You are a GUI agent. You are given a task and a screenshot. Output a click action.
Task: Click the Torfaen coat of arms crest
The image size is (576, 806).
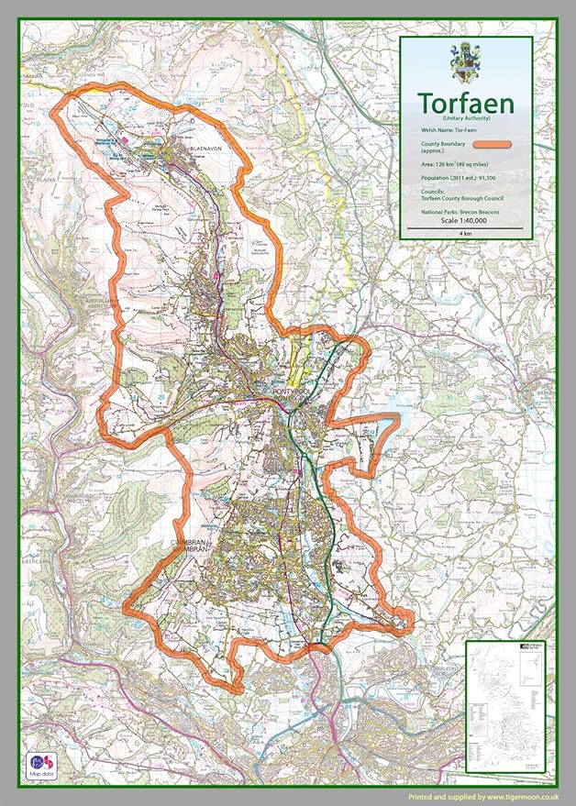pyautogui.click(x=466, y=63)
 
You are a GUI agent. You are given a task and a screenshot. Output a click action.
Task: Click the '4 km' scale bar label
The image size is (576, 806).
pyautogui.click(x=466, y=234)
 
